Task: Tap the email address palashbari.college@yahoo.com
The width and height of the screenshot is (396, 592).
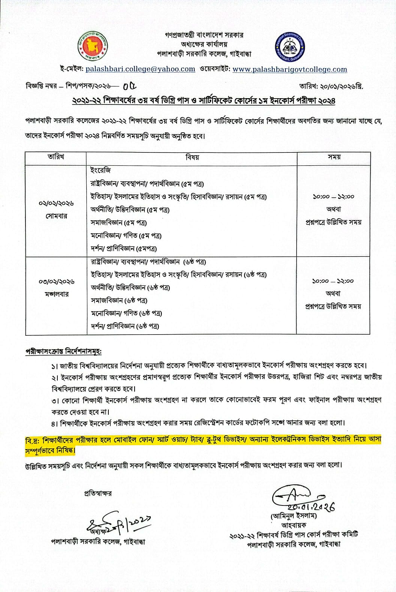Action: [140, 69]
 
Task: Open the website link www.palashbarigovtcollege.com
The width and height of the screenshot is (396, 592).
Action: [289, 69]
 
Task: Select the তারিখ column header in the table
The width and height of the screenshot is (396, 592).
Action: [56, 157]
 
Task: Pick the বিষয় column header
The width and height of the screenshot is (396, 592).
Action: [192, 157]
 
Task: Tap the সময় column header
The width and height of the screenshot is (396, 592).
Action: [334, 157]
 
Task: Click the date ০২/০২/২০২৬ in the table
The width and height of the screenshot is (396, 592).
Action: [56, 203]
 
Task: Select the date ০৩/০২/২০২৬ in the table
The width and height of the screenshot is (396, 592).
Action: [56, 281]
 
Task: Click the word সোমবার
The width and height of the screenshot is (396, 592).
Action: [56, 216]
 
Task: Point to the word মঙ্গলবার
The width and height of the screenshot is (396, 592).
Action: [56, 294]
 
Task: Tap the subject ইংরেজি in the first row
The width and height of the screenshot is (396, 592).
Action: [100, 170]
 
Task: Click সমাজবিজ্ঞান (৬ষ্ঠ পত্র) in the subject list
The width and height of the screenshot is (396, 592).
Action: [119, 300]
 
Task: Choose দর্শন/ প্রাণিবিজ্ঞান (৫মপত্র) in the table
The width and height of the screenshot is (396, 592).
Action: [124, 248]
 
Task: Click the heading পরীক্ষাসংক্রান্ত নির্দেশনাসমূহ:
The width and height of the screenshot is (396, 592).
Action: [63, 352]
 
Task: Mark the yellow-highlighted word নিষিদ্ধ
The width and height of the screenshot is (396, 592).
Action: [64, 450]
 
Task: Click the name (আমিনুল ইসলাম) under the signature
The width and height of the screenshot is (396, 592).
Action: [294, 516]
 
